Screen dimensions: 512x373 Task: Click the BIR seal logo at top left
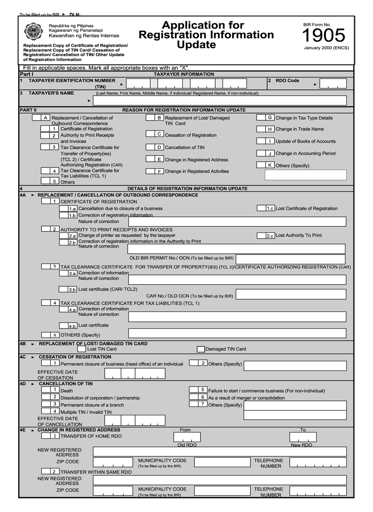click(34, 31)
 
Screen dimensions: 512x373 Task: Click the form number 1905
click(323, 35)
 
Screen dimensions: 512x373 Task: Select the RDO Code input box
click(333, 84)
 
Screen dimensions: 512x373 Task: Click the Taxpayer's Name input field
click(219, 101)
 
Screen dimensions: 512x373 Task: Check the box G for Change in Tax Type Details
click(261, 117)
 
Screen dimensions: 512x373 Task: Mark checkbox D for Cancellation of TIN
click(150, 147)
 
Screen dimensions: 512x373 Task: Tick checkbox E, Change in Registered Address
click(150, 159)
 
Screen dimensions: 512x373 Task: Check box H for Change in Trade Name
click(261, 129)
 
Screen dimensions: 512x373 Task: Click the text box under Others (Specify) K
click(306, 175)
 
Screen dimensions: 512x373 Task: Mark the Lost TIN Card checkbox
click(82, 349)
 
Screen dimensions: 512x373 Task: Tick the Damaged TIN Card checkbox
click(201, 349)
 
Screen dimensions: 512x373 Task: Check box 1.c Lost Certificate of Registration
click(261, 208)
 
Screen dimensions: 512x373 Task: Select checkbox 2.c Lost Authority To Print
click(261, 236)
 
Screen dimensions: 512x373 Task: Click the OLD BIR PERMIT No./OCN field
click(291, 259)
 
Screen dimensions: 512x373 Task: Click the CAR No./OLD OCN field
click(291, 294)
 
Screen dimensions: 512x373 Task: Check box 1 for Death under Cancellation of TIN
click(46, 390)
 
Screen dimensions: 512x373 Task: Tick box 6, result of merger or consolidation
click(193, 397)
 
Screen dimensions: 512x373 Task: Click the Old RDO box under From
click(187, 437)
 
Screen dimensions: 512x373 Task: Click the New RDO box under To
click(303, 437)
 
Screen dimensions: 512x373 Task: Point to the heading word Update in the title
click(196, 45)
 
